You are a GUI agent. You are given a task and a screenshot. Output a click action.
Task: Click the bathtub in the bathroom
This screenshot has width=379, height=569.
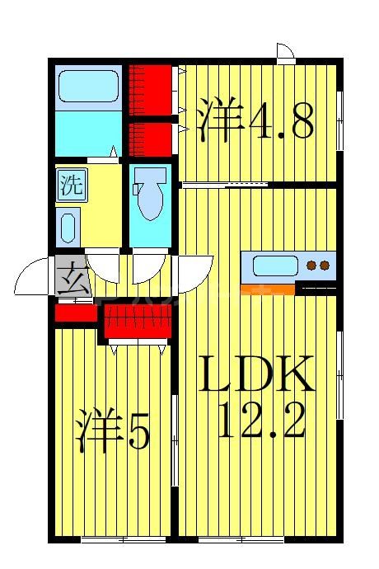pos(87,87)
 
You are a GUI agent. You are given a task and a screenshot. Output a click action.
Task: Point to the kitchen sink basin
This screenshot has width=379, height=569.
pos(275,266)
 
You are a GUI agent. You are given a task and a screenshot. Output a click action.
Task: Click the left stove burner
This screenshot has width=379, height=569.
pos(312,266)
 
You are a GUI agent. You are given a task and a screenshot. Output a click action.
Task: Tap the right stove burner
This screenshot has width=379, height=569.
pos(325,266)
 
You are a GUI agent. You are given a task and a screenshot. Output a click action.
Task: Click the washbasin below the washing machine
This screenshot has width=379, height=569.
pos(68,227)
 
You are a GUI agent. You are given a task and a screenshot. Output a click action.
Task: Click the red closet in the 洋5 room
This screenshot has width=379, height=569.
pos(137,320)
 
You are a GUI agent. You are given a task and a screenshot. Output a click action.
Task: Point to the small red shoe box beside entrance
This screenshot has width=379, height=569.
pos(76,314)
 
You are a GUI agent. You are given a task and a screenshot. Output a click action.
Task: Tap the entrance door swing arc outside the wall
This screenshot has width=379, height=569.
pos(31,276)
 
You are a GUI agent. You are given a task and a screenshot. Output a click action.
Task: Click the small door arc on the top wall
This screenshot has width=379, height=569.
pos(286,53)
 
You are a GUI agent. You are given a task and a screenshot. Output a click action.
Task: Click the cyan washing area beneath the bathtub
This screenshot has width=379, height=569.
pos(87,132)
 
